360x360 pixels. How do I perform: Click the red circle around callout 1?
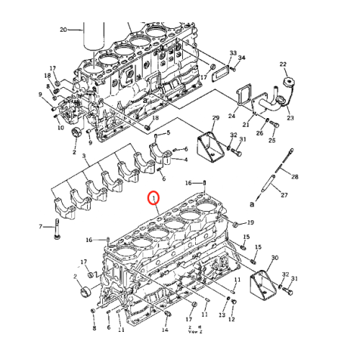point(152,197)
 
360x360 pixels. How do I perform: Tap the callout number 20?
point(63,30)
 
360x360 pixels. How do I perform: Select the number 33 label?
point(233,53)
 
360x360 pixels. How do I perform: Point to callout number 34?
point(242,58)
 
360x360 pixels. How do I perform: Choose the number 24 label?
point(232,115)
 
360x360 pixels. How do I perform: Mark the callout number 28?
point(294,176)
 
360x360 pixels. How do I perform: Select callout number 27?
point(284,195)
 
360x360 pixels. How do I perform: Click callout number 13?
point(222,315)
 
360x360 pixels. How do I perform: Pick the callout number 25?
point(272,141)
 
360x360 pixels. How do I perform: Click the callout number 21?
point(246,125)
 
